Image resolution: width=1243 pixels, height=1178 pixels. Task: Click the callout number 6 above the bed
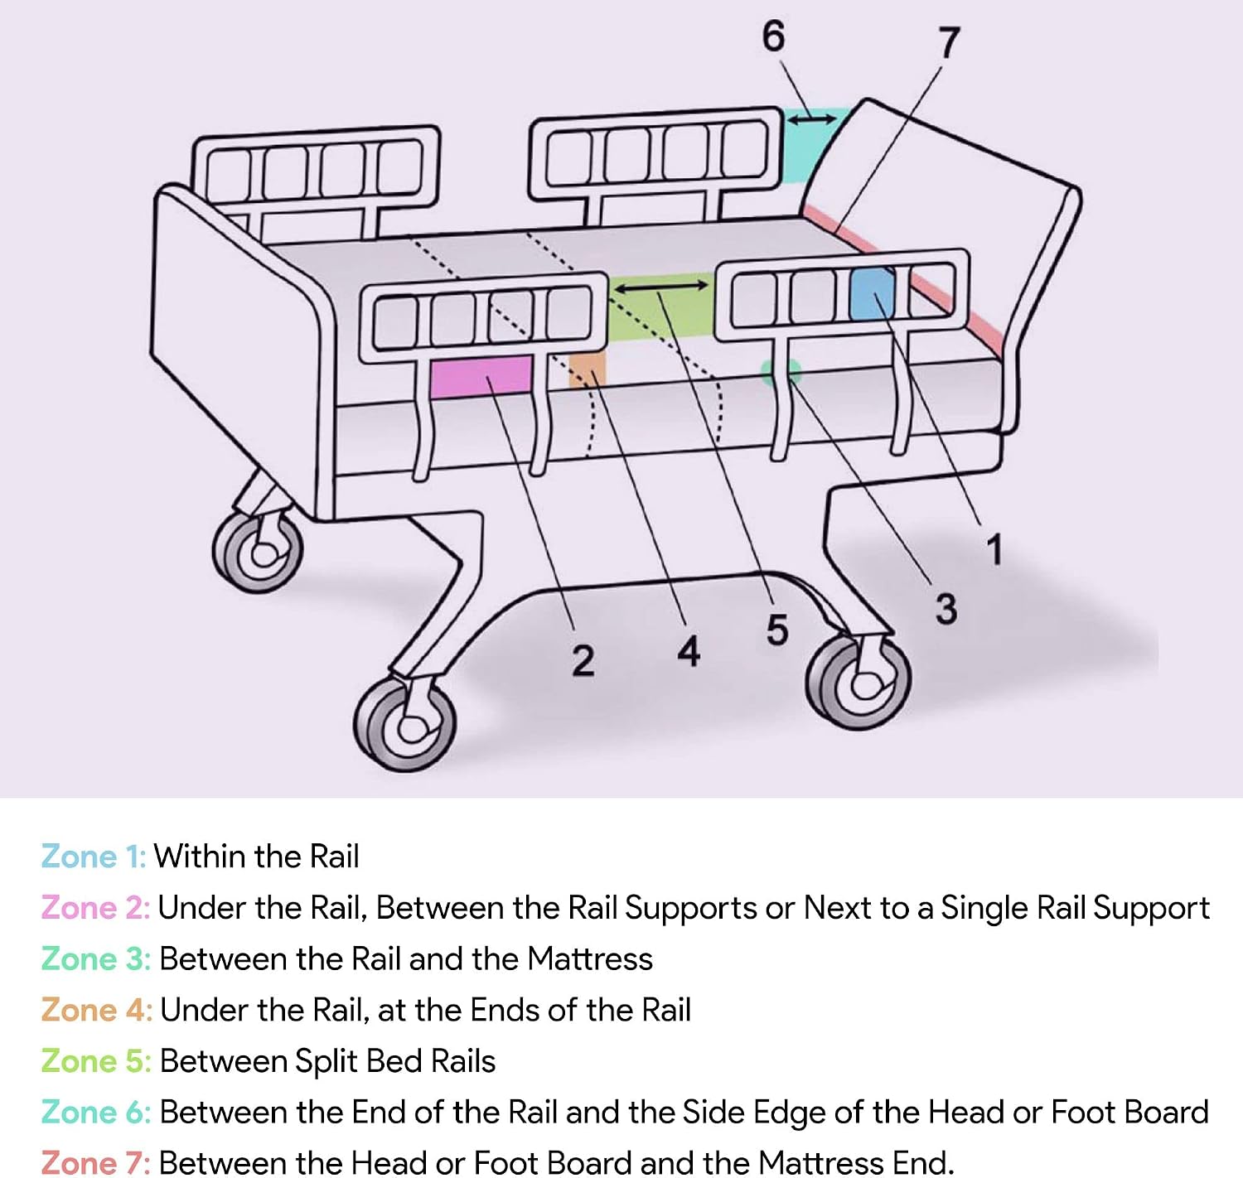point(773,36)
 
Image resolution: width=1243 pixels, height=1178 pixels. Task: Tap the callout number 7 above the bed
point(948,42)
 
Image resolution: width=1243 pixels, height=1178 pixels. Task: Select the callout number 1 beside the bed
point(994,549)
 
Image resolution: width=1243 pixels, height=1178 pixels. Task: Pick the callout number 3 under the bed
point(946,609)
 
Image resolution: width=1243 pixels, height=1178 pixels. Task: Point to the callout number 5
point(777,630)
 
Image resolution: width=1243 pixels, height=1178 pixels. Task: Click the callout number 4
point(689,652)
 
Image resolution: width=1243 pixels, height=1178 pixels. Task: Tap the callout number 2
point(583,661)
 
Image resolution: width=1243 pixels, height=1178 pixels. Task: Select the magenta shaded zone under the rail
point(481,377)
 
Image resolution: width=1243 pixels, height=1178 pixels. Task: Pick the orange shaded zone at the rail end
point(588,369)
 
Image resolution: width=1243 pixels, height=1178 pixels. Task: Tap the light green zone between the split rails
point(660,306)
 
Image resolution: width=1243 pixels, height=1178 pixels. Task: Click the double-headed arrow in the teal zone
point(812,118)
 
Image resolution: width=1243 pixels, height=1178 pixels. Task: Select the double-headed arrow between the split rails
point(661,287)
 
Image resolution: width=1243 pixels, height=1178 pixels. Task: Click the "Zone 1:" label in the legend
point(94,857)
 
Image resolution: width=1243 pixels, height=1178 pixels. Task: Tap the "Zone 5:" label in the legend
point(96,1060)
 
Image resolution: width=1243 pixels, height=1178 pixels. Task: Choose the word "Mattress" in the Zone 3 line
point(589,958)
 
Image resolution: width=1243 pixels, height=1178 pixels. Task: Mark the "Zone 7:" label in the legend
point(95,1163)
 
